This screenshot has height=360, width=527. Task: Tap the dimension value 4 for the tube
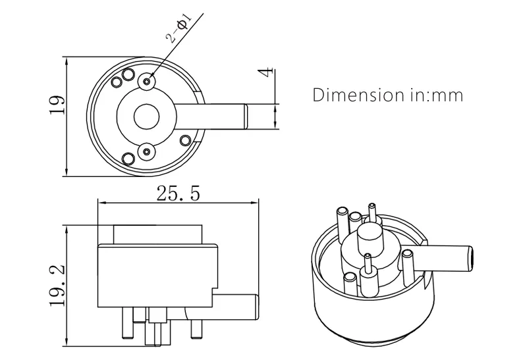265,73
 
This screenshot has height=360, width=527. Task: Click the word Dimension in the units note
354,95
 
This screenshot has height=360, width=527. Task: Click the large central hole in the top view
146,117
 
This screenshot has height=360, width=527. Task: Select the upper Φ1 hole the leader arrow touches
146,81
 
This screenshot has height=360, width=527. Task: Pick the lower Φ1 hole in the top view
146,151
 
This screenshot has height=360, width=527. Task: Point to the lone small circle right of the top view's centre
186,140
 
